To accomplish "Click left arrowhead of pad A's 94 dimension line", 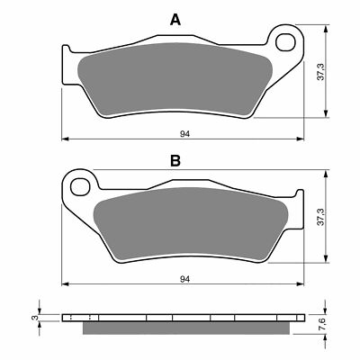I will (65, 139).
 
